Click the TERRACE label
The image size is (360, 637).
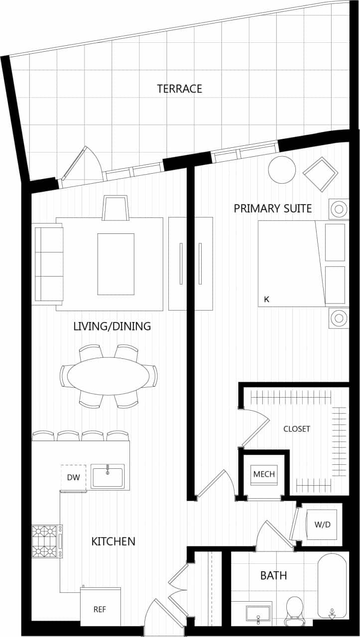point(179,89)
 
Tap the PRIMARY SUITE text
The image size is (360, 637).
point(273,208)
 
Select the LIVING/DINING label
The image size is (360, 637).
point(112,326)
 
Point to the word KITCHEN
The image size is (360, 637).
point(113,541)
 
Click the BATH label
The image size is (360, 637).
point(273,576)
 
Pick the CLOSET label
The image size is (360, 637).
point(297,428)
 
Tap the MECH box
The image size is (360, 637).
point(264,474)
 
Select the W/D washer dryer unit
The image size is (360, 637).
point(322,525)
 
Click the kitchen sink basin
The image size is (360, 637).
point(108,477)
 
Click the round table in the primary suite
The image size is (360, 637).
point(282,170)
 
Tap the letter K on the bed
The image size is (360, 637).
point(266,299)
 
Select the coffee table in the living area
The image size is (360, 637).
point(116,264)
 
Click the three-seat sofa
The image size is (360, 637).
point(47,263)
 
